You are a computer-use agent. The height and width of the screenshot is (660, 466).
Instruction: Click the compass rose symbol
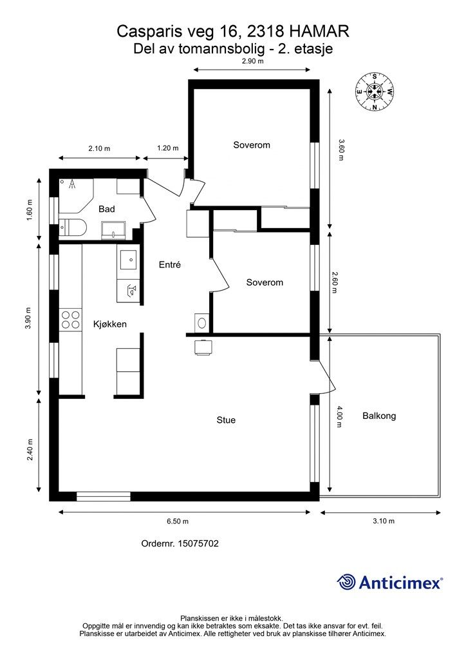[x=375, y=92]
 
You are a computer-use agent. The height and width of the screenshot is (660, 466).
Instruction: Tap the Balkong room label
[x=379, y=416]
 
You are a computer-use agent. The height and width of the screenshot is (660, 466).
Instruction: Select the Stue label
[x=226, y=420]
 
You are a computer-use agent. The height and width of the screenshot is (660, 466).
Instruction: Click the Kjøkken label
[x=109, y=324]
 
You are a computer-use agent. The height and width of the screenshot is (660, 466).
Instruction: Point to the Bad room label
[x=107, y=209]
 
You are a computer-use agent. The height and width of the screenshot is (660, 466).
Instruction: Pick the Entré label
[x=170, y=264]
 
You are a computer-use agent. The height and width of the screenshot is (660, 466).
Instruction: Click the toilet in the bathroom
[x=72, y=228]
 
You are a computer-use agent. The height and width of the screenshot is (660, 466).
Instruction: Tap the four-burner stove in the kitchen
[x=70, y=320]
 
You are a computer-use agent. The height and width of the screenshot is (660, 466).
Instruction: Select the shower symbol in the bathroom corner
[x=73, y=184]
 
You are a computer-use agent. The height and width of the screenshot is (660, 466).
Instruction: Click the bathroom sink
[x=114, y=230]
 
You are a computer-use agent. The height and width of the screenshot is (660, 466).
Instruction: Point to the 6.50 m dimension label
[x=177, y=521]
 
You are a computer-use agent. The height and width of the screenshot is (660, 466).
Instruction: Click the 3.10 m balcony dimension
[x=384, y=521]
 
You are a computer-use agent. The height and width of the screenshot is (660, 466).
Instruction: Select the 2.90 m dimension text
[x=252, y=61]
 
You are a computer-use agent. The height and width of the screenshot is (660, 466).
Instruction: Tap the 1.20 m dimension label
[x=167, y=148]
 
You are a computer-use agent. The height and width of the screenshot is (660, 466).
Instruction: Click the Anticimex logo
[x=389, y=582]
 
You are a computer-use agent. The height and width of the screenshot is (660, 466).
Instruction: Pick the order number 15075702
[x=198, y=543]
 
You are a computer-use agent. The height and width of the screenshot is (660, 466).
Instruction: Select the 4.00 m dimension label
[x=339, y=416]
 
